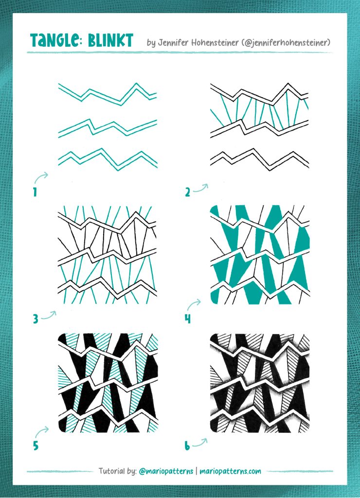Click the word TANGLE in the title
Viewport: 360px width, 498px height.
point(54,40)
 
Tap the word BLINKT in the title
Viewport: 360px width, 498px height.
point(110,40)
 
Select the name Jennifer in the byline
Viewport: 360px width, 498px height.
point(173,43)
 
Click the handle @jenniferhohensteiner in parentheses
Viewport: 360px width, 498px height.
point(286,43)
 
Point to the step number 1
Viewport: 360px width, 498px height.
point(35,192)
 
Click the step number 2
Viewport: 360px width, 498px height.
point(187,192)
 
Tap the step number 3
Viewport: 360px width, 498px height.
point(36,319)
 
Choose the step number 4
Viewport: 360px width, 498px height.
point(188,319)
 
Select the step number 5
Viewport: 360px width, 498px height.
point(36,445)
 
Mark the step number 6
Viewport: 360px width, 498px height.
point(187,446)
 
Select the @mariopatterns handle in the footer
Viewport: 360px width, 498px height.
point(166,471)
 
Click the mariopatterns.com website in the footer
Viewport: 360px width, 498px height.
point(231,471)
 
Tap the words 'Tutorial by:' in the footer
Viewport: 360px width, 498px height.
point(118,471)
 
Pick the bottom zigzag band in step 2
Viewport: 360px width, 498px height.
point(260,160)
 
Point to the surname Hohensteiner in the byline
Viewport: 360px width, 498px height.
point(215,43)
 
